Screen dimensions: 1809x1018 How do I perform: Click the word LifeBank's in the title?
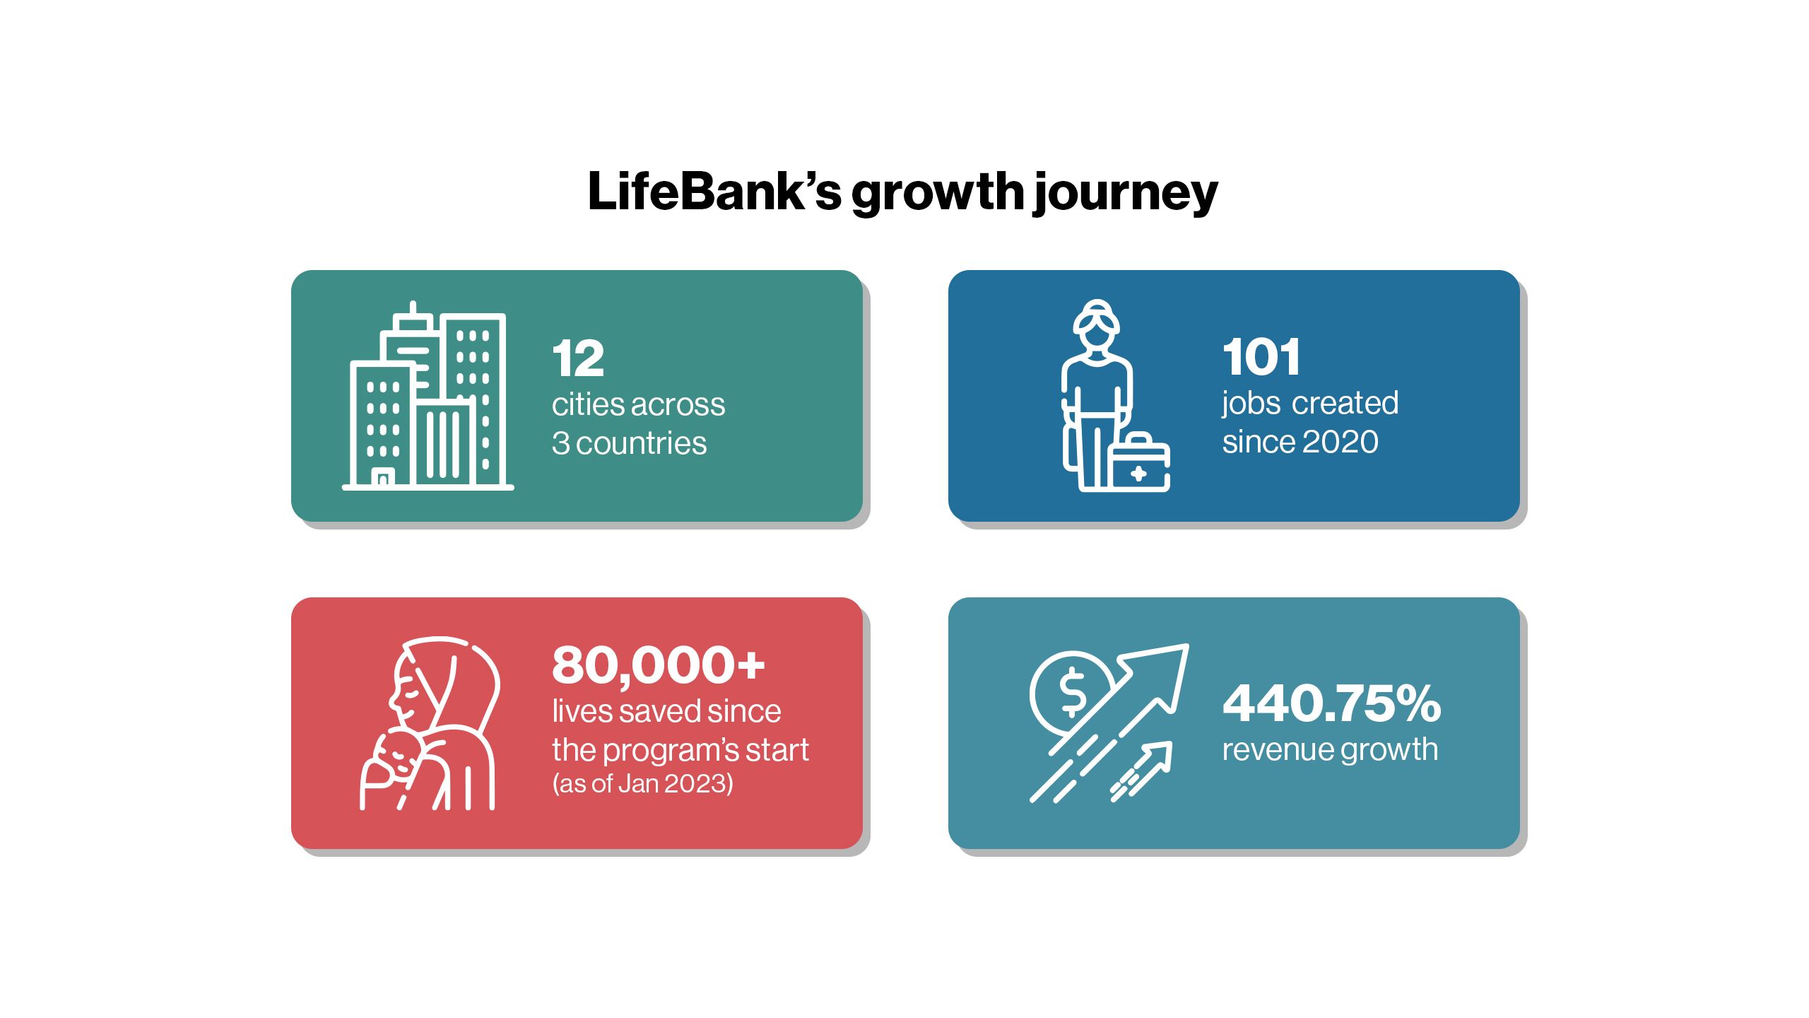[x=714, y=191]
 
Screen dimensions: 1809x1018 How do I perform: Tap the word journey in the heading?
[x=1125, y=194]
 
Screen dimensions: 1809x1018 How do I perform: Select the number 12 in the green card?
[x=578, y=358]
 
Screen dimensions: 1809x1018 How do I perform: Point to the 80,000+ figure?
[x=659, y=665]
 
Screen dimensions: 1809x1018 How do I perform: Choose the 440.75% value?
[x=1332, y=703]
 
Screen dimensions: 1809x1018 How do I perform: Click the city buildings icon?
[x=428, y=396]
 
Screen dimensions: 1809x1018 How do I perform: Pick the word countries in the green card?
[x=641, y=443]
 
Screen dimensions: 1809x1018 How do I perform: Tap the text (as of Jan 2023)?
[x=642, y=783]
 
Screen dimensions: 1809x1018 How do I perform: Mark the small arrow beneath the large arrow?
[x=1141, y=771]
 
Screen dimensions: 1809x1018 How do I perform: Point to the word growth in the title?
[x=937, y=194]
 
